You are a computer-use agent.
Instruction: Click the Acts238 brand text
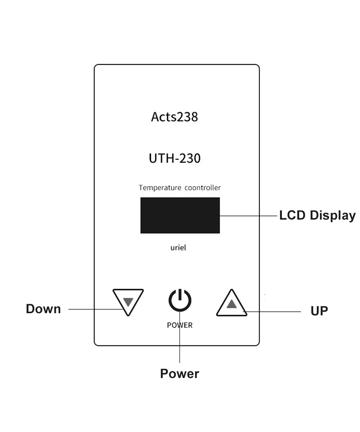[x=174, y=117]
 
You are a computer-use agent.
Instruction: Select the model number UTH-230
[x=175, y=158]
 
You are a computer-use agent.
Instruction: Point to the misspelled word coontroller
[x=203, y=188]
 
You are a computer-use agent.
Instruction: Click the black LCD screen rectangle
[x=180, y=215]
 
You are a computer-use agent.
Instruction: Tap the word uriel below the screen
[x=178, y=248]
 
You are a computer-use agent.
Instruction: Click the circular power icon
[x=180, y=300]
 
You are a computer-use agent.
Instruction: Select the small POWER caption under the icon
[x=180, y=325]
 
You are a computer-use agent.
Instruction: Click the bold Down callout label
[x=43, y=309]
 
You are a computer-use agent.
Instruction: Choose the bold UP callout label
[x=319, y=311]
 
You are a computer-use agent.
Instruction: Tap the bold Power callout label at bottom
[x=179, y=374]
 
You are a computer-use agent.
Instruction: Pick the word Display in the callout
[x=333, y=215]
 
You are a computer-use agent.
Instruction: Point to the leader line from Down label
[x=94, y=309]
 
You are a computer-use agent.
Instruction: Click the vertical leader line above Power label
[x=180, y=346]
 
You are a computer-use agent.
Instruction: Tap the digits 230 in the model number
[x=190, y=158]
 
